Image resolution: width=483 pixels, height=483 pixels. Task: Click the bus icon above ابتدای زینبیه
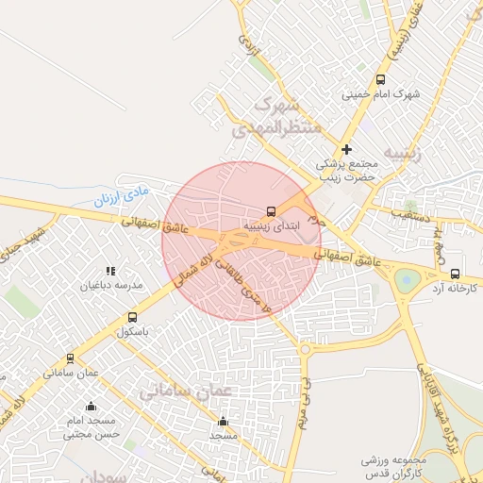[272, 211]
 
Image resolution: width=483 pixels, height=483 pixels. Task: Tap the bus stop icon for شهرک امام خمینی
[380, 80]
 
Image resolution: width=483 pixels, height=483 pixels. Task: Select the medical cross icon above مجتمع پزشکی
[347, 149]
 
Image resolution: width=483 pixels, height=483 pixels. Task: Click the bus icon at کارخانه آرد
[456, 274]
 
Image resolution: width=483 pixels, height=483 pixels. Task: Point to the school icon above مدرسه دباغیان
[110, 272]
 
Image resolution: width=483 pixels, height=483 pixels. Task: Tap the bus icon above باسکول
[132, 318]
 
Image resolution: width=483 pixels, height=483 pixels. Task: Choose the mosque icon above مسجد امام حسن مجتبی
[92, 407]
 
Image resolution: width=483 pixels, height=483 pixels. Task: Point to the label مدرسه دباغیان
[110, 285]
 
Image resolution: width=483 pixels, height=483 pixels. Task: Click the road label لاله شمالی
[192, 269]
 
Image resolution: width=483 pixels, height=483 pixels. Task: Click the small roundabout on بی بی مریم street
[305, 350]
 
